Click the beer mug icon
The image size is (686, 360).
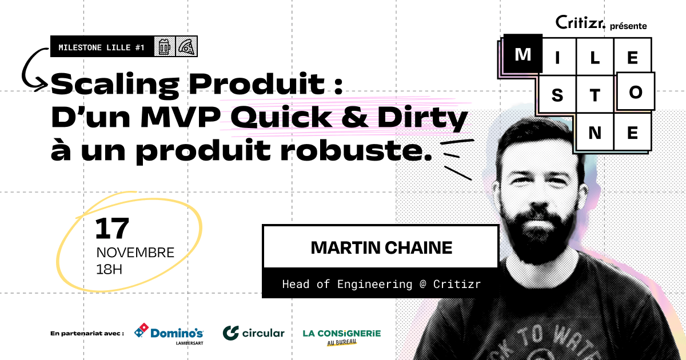click(165, 46)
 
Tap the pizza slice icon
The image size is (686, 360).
click(186, 46)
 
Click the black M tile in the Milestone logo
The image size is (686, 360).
click(523, 54)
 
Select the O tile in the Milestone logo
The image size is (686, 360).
click(636, 91)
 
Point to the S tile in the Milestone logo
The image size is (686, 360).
click(557, 94)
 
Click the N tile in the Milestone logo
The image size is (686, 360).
click(595, 132)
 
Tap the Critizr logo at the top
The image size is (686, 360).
click(580, 22)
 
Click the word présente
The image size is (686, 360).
click(628, 26)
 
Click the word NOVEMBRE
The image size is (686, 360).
click(135, 253)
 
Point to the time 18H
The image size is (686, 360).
click(109, 269)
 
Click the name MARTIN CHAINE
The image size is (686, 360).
click(381, 247)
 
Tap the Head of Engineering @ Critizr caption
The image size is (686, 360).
click(381, 284)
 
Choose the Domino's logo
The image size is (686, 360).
click(169, 334)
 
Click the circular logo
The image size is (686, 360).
click(254, 333)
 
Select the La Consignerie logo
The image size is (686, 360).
click(342, 337)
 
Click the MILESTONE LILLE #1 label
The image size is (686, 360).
click(101, 47)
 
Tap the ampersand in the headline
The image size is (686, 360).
click(354, 117)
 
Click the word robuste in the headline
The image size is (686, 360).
click(356, 150)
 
